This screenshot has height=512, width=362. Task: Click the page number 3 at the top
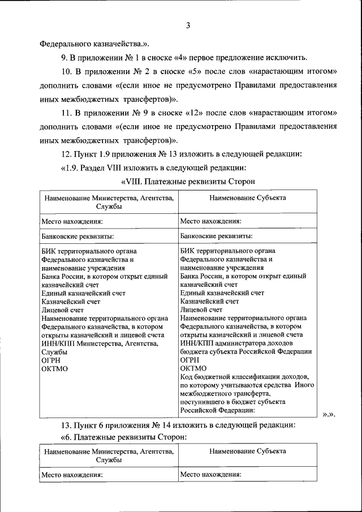point(188,25)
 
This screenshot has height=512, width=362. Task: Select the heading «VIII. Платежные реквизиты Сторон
point(188,182)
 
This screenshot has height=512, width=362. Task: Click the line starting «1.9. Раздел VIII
point(153,167)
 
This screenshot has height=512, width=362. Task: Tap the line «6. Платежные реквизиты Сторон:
point(123,438)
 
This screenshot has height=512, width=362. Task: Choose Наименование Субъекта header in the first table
point(247,198)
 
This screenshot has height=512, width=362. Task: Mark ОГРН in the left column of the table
point(51,360)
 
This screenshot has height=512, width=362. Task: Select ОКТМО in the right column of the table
point(193,368)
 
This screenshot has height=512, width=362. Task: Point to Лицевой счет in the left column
point(63,310)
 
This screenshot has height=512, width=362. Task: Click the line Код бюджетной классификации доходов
point(244,377)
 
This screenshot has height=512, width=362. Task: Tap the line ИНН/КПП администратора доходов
point(236,343)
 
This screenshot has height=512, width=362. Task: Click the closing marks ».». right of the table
point(329,415)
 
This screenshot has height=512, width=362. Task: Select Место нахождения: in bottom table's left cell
point(72,475)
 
